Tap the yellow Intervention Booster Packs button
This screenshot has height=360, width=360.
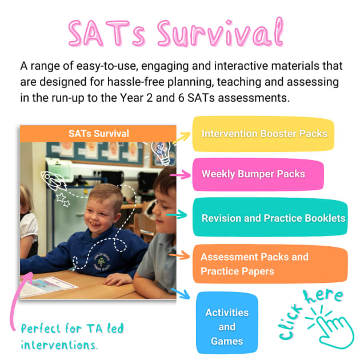point(263,134)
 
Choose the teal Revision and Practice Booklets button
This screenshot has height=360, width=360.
point(271,218)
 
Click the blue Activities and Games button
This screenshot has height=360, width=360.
point(227,327)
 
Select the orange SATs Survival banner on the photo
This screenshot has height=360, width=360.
point(98,134)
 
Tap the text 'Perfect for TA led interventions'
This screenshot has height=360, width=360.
point(72,337)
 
